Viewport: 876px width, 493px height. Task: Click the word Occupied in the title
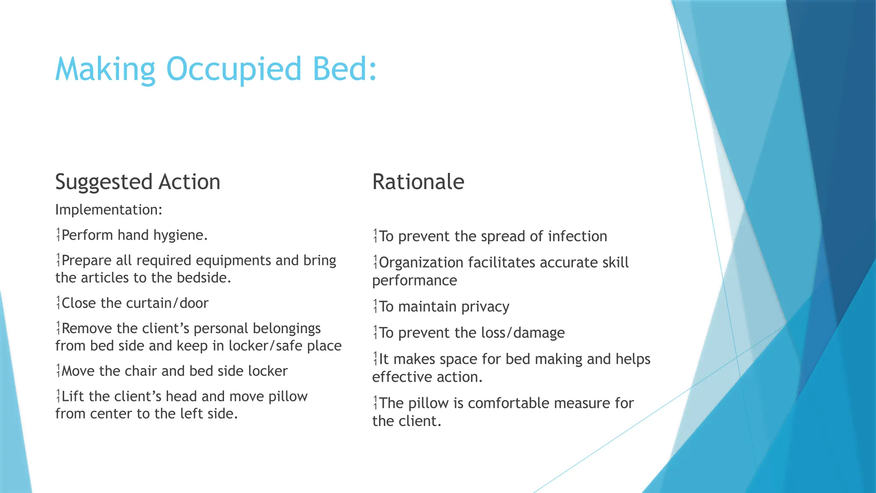[x=234, y=69]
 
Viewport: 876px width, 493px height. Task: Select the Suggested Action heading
[x=138, y=182]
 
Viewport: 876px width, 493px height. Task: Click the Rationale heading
[x=418, y=182]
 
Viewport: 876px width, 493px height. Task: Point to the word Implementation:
[x=109, y=210]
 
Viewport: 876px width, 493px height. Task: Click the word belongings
[x=287, y=329]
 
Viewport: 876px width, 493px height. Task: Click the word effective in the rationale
[x=399, y=377]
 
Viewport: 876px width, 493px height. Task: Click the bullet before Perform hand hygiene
[x=58, y=235]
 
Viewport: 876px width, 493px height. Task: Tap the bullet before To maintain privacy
[x=375, y=307]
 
